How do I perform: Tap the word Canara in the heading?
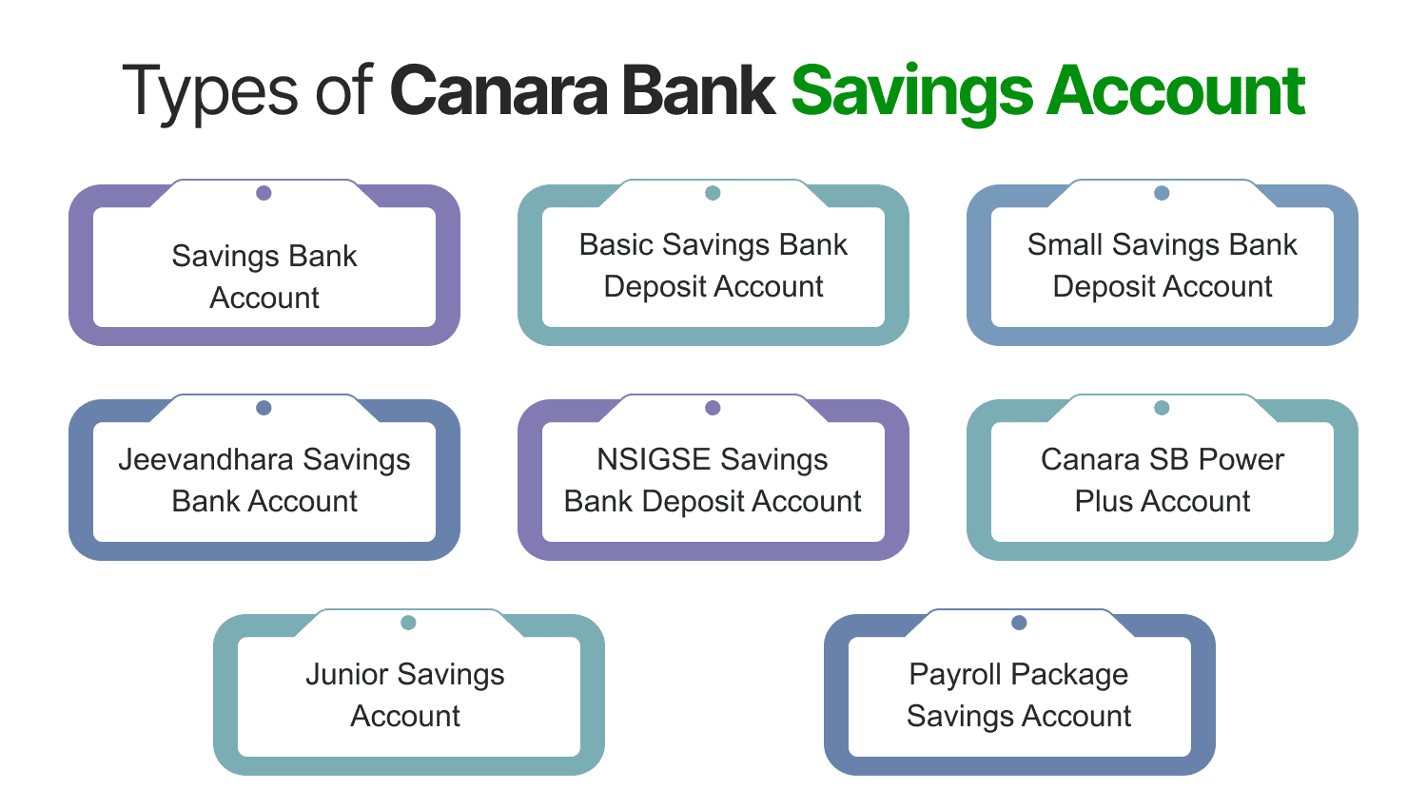[x=498, y=92]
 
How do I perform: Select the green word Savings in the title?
[x=910, y=92]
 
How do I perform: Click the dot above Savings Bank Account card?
[x=264, y=193]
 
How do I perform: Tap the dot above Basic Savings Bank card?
[x=713, y=193]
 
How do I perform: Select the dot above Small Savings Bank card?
[x=1162, y=193]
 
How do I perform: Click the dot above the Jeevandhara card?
[x=264, y=408]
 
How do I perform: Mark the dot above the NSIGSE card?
[x=713, y=408]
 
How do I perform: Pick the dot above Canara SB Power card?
[x=1162, y=408]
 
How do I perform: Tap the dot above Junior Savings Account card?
[x=408, y=623]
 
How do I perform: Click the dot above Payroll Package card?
[x=1019, y=623]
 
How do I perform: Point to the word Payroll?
[x=952, y=675]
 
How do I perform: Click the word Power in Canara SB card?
[x=1241, y=460]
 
